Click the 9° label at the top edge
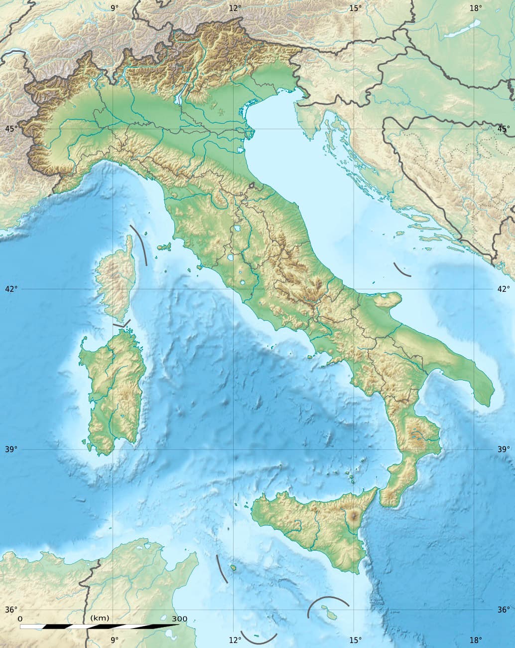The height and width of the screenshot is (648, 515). [115, 7]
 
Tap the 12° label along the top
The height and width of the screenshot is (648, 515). [235, 7]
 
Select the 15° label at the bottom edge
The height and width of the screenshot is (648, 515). [355, 640]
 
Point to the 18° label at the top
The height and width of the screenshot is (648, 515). [476, 7]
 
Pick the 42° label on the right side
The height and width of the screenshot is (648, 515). [504, 289]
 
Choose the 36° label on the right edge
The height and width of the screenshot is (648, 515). [504, 610]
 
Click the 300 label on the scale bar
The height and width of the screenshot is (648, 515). [179, 619]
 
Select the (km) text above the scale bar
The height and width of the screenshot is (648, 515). [100, 619]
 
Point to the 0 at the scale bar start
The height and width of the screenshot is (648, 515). [20, 619]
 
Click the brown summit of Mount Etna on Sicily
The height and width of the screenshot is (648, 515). [355, 517]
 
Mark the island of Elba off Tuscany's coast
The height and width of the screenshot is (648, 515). [163, 247]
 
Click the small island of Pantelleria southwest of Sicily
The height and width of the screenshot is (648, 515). [233, 568]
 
